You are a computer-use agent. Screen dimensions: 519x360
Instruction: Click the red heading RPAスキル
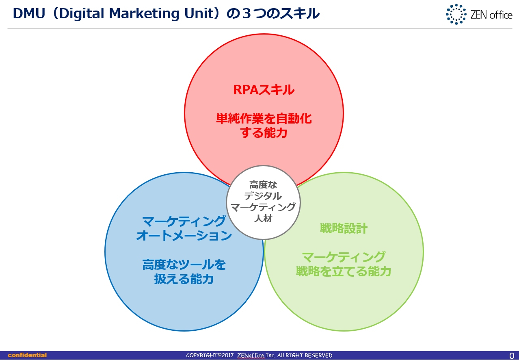[x=264, y=90]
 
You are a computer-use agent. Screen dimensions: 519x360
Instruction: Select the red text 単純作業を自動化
[x=264, y=119]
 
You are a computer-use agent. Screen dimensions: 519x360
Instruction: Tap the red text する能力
[x=264, y=133]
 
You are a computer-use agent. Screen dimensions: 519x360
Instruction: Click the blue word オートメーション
[x=184, y=236]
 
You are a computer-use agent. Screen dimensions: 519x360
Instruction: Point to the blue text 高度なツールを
[x=184, y=265]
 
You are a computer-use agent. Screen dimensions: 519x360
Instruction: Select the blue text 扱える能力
[x=184, y=279]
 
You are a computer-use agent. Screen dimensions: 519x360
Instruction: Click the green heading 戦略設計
[x=344, y=228]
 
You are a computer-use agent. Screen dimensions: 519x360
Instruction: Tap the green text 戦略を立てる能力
[x=344, y=271]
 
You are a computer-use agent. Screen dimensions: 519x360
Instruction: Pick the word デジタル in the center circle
[x=263, y=196]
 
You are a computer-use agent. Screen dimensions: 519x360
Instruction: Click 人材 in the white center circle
[x=263, y=218]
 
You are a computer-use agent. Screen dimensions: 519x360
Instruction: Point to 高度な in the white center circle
[x=263, y=185]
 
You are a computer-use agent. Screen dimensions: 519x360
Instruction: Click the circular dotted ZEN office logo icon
[x=456, y=14]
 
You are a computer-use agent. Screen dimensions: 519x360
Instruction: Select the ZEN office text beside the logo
[x=491, y=15]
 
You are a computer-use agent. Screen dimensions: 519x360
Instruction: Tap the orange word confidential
[x=27, y=355]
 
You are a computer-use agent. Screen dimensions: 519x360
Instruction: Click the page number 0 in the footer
[x=512, y=356]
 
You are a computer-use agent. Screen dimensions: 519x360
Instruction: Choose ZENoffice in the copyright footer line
[x=251, y=356]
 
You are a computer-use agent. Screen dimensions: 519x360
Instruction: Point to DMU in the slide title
[x=29, y=13]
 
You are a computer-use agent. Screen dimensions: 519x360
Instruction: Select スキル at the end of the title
[x=300, y=13]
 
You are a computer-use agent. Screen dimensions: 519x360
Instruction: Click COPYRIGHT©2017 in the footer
[x=210, y=356]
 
